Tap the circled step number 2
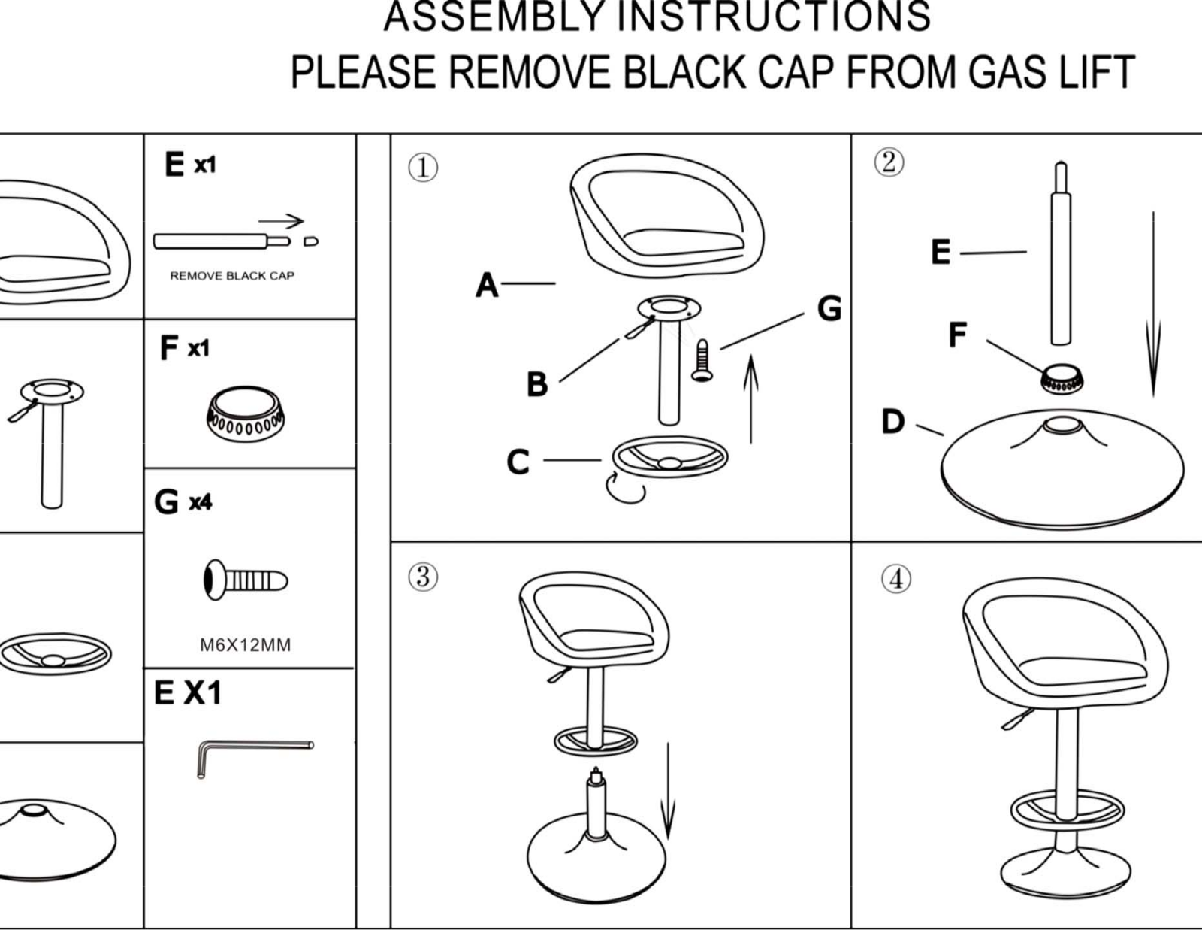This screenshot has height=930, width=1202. pyautogui.click(x=889, y=162)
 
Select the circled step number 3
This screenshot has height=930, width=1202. pyautogui.click(x=423, y=577)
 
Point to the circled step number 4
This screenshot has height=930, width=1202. pyautogui.click(x=895, y=580)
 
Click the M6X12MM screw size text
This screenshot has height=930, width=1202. pyautogui.click(x=245, y=645)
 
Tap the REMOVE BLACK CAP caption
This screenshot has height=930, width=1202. pyautogui.click(x=232, y=276)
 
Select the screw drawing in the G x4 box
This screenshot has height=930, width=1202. pyautogui.click(x=246, y=580)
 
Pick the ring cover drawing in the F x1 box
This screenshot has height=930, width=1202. pyautogui.click(x=246, y=414)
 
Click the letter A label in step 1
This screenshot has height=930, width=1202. pyautogui.click(x=487, y=285)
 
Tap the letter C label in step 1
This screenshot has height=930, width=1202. pyautogui.click(x=518, y=462)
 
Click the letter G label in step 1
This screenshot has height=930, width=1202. pyautogui.click(x=829, y=308)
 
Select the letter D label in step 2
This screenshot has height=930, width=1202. pyautogui.click(x=892, y=421)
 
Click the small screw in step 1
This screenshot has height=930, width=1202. pyautogui.click(x=702, y=360)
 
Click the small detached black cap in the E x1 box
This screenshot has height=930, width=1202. pyautogui.click(x=311, y=241)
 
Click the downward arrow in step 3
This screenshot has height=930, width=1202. pyautogui.click(x=668, y=791)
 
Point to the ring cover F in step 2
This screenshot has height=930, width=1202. pyautogui.click(x=1062, y=379)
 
